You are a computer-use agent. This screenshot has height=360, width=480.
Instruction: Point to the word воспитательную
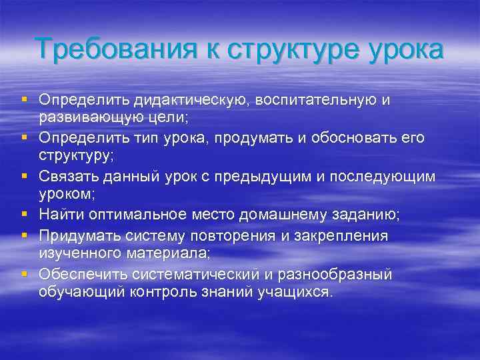tap(318, 100)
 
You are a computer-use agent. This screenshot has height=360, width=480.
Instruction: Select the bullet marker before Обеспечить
tap(24, 273)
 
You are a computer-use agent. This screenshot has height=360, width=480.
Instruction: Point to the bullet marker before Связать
tap(24, 176)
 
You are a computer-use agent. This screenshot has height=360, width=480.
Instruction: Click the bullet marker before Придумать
tap(24, 235)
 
